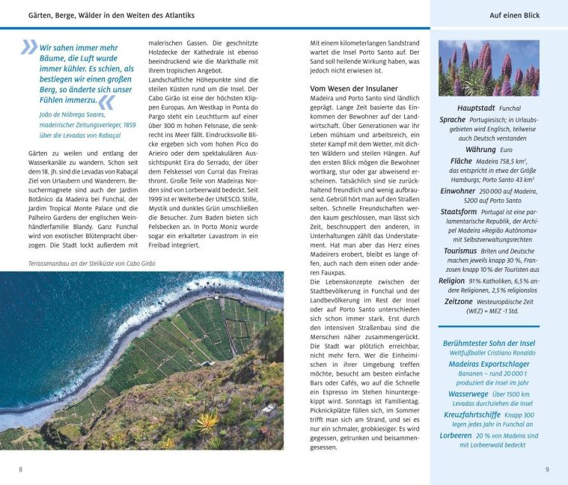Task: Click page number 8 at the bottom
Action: tap(20, 469)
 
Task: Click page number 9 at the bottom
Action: tap(547, 469)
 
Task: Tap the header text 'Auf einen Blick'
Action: tap(514, 15)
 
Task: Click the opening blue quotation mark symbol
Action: tap(28, 47)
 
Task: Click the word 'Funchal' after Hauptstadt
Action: tap(510, 109)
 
